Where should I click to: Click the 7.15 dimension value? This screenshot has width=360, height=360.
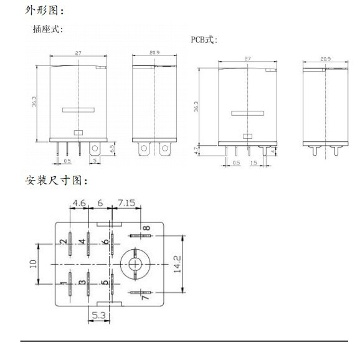pyautogui.click(x=126, y=203)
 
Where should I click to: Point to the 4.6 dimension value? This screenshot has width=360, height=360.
pyautogui.click(x=79, y=203)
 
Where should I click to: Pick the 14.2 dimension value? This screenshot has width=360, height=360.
pyautogui.click(x=177, y=264)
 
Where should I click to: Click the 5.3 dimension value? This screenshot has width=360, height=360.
pyautogui.click(x=99, y=315)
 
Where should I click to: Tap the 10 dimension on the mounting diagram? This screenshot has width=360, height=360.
pyautogui.click(x=33, y=264)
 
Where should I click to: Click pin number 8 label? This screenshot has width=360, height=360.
pyautogui.click(x=146, y=228)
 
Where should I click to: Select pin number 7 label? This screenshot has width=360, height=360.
pyautogui.click(x=146, y=297)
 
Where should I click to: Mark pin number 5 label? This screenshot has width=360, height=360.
pyautogui.click(x=105, y=282)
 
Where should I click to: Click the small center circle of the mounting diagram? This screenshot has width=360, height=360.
pyautogui.click(x=135, y=264)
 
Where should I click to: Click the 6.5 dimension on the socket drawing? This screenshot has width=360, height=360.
pyautogui.click(x=112, y=148)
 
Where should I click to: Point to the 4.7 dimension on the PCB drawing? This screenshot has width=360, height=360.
pyautogui.click(x=196, y=151)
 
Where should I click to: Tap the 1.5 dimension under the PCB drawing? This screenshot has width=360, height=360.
pyautogui.click(x=253, y=163)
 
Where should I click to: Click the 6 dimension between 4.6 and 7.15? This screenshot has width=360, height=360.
pyautogui.click(x=100, y=203)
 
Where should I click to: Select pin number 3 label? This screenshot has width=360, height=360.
pyautogui.click(x=82, y=282)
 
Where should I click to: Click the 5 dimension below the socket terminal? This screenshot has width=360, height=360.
pyautogui.click(x=95, y=161)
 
